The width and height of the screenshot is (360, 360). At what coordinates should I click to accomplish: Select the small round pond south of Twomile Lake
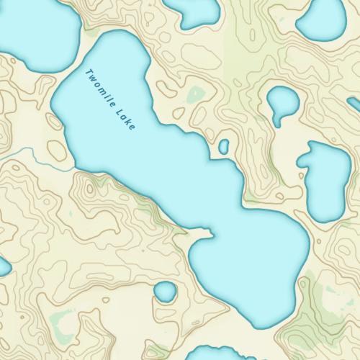click(166, 292)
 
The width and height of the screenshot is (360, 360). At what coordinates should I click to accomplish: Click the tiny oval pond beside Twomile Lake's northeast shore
click(223, 147)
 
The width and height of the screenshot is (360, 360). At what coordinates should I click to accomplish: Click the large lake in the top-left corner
click(36, 32)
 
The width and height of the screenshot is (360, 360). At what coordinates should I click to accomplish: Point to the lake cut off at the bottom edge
click(216, 354)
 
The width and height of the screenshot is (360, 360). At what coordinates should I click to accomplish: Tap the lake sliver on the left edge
click(3, 267)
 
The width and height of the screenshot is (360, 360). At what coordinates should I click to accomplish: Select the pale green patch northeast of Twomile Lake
click(194, 94)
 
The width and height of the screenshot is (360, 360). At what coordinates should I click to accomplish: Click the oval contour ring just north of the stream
click(57, 148)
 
